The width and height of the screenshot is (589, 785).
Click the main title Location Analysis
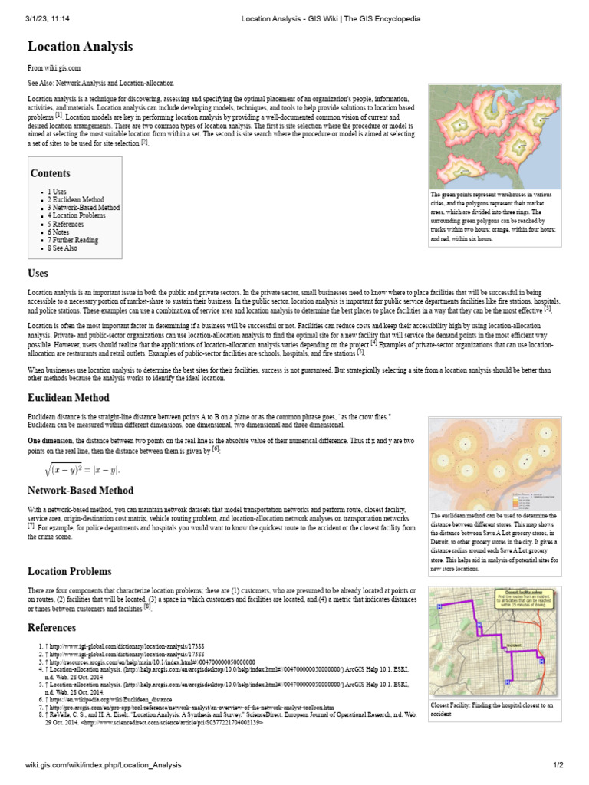[81, 47]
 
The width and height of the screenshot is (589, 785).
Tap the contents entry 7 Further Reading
[73, 240]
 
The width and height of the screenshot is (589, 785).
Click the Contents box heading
[51, 173]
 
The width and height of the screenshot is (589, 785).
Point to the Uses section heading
[38, 274]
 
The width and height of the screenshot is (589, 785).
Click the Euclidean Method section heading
[68, 398]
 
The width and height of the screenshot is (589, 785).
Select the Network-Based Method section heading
[81, 490]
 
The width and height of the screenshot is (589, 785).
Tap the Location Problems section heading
[70, 571]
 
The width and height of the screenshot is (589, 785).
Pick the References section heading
[53, 627]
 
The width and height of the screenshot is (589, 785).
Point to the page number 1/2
[558, 765]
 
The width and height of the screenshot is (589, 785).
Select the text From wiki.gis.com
[54, 68]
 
